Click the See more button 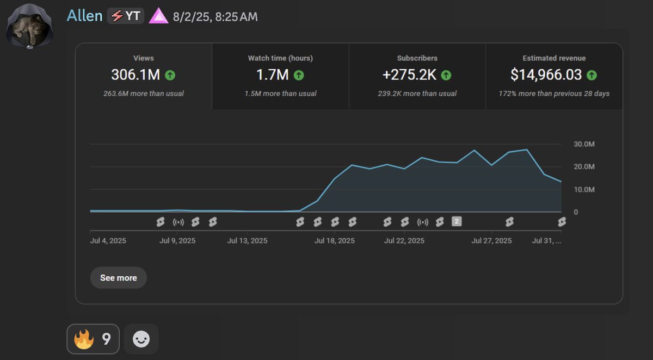118,277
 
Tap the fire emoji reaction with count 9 93,339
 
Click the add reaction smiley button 141,339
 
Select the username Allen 84,16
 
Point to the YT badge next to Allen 126,16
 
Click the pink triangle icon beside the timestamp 159,16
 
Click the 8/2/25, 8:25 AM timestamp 215,17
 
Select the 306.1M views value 135,75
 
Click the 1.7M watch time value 272,75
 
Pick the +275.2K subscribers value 409,75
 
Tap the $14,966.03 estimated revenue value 546,75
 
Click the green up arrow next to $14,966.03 592,75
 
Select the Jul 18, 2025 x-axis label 334,240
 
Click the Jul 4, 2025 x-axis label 108,240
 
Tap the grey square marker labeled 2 457,221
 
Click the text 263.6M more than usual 144,94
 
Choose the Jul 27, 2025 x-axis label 491,240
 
